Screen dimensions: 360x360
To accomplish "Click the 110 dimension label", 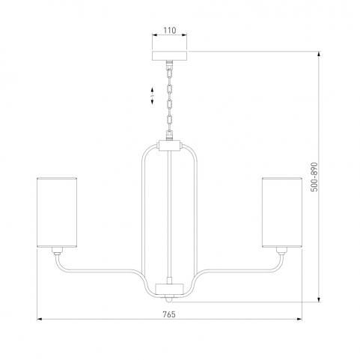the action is click(170, 31).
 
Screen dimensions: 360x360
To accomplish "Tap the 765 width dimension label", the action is click(169, 314).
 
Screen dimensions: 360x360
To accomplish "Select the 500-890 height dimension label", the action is click(314, 177).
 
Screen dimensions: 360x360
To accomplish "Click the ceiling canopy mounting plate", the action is click(169, 55).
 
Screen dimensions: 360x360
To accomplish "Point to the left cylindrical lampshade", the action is click(57, 213).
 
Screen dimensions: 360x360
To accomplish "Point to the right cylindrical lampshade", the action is click(282, 213).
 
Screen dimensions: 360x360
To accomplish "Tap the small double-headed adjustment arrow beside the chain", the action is click(152, 96).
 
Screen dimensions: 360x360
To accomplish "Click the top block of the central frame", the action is click(170, 146).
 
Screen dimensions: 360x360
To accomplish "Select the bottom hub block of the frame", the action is click(170, 289).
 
